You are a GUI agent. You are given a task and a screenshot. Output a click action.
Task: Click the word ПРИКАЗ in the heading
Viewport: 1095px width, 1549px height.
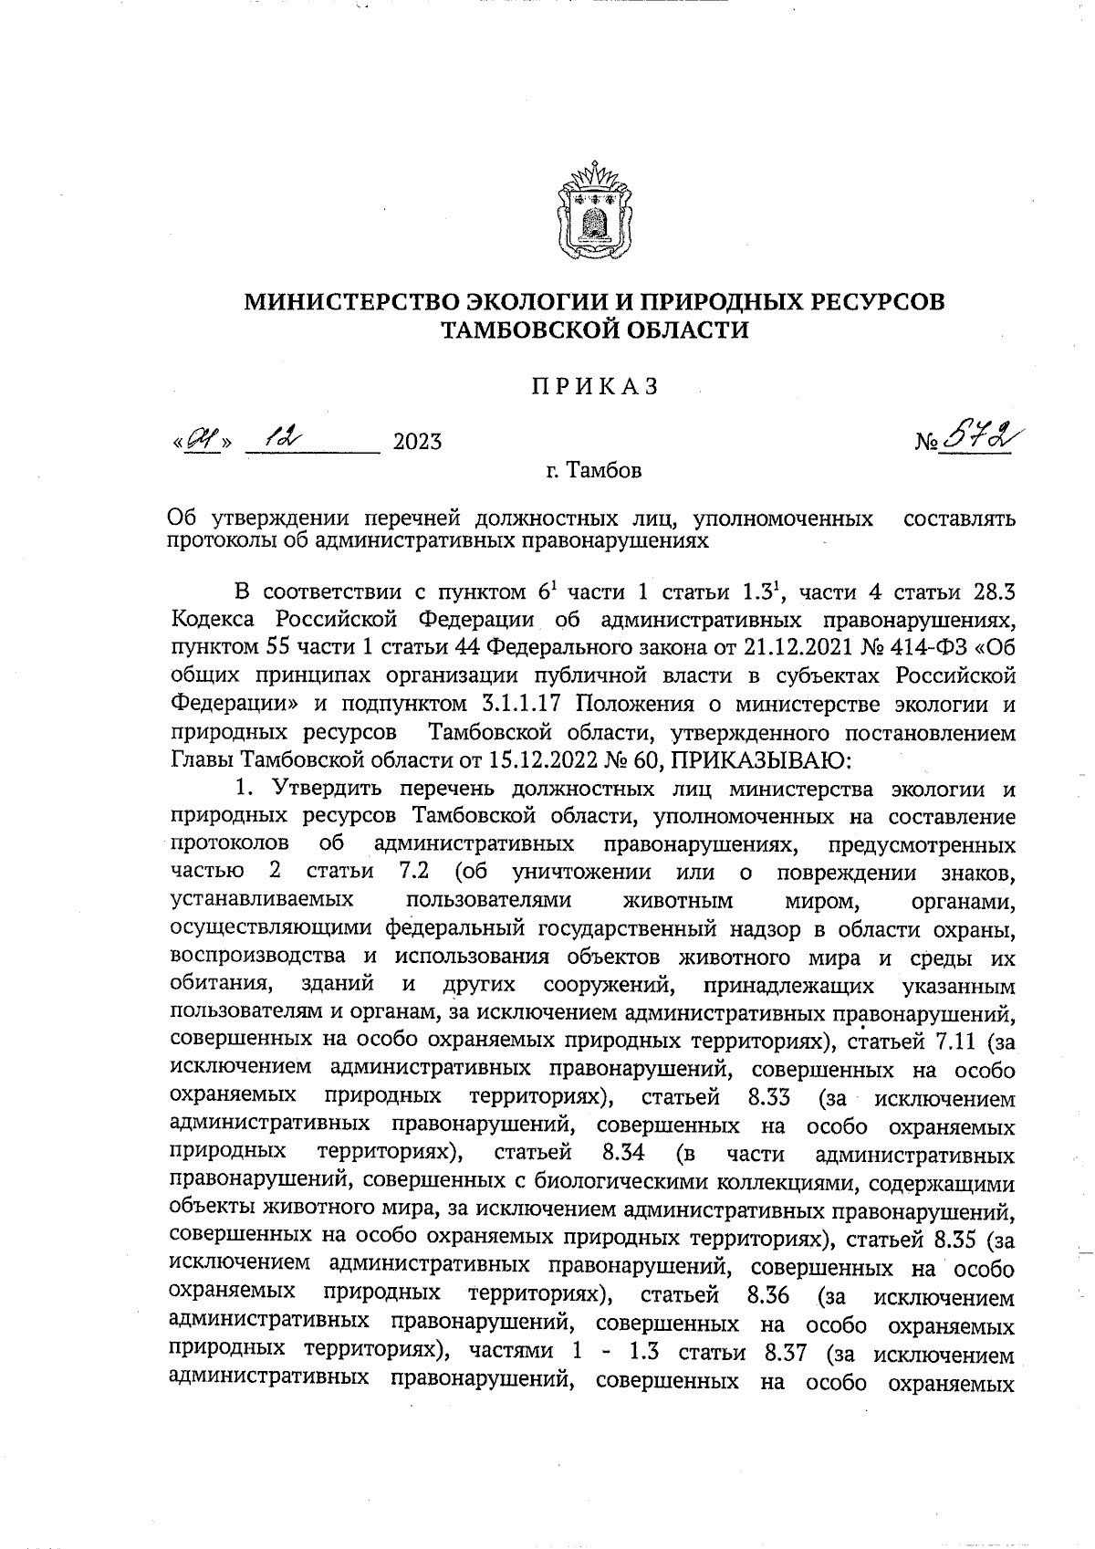[595, 387]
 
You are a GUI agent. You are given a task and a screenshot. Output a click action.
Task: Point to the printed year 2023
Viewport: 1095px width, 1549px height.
[417, 443]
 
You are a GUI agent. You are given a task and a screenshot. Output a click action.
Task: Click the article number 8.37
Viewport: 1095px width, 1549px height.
[779, 1354]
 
